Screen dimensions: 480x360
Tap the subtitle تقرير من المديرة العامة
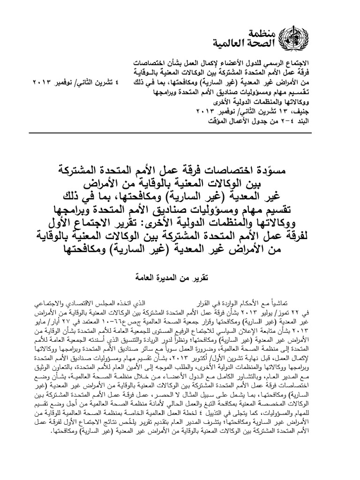click(x=180, y=279)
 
